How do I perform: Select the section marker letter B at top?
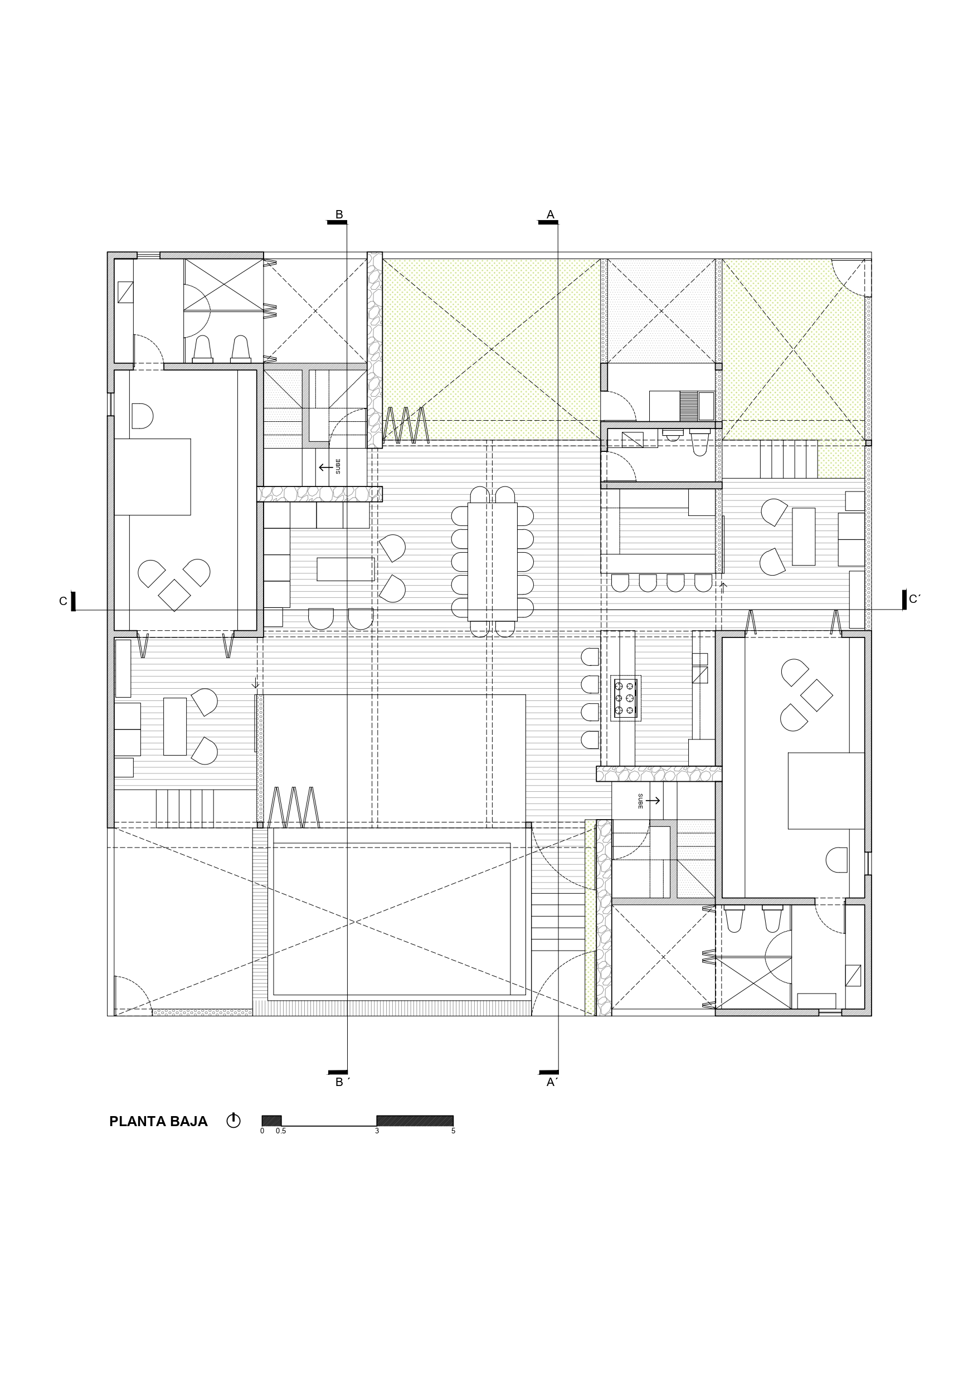pos(339,215)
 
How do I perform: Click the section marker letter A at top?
pos(550,215)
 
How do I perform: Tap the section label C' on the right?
pos(914,600)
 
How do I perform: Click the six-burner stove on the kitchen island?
pos(625,698)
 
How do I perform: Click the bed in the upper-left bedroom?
pos(153,476)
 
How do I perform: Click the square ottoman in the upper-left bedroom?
pos(174,595)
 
